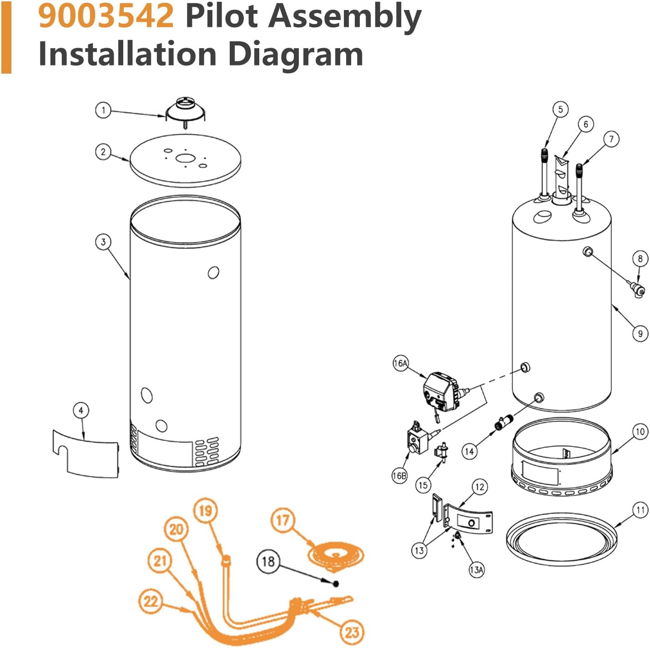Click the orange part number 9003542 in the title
tap(106, 16)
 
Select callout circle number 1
tap(103, 110)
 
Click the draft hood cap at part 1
tap(185, 111)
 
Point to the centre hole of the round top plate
tap(185, 159)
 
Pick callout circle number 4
tap(81, 411)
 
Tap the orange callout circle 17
tap(282, 520)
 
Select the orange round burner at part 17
tap(336, 555)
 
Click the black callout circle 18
tap(268, 561)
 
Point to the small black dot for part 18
tap(336, 584)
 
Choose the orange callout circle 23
tap(352, 632)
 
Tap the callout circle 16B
tap(399, 475)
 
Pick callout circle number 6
tap(586, 124)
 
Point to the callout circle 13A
tap(476, 569)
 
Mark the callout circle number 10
tap(640, 431)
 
